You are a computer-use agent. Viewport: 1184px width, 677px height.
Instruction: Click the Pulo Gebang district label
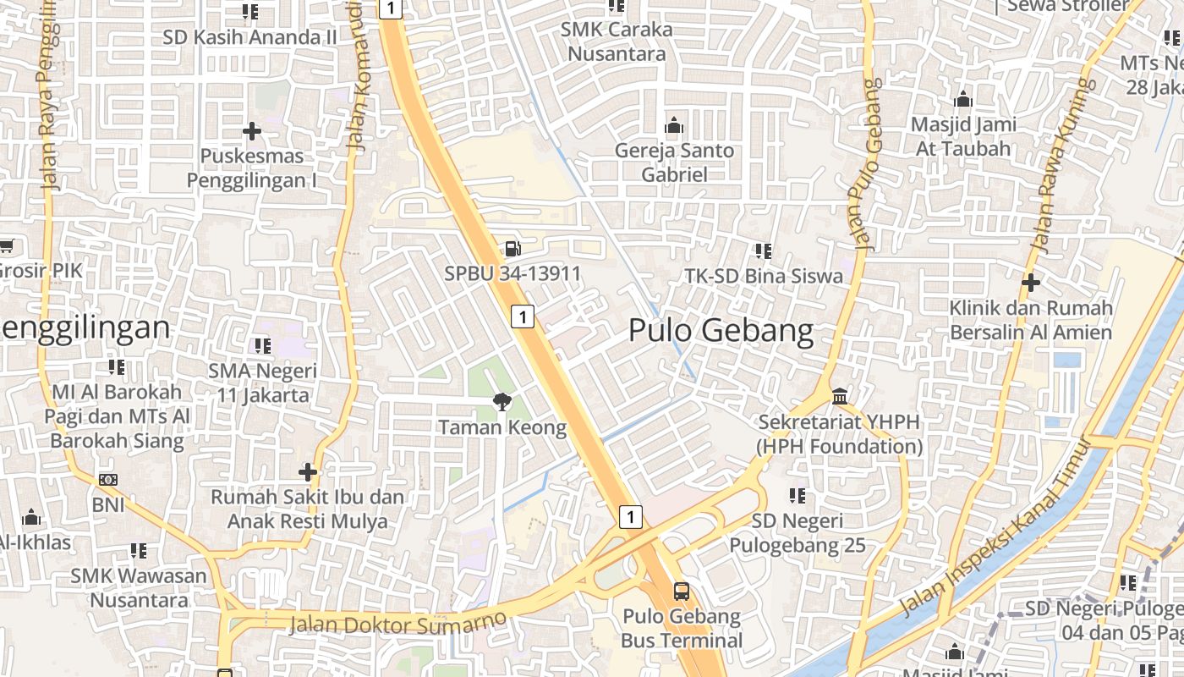tap(721, 331)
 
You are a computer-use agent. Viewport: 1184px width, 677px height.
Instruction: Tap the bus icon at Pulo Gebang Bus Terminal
tap(681, 591)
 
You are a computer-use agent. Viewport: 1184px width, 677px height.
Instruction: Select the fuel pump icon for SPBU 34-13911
tap(513, 249)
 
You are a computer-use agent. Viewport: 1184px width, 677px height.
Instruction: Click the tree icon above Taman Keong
tap(502, 401)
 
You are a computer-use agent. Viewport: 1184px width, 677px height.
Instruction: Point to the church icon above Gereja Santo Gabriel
tap(674, 126)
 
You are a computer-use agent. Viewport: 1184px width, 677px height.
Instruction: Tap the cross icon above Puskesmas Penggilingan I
tap(251, 131)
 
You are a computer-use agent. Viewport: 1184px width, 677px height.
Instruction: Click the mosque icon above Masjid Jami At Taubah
tap(962, 100)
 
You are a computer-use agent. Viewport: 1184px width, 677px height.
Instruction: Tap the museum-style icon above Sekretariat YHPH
tap(840, 396)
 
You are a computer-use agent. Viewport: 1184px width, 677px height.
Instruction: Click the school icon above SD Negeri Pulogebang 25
tap(797, 495)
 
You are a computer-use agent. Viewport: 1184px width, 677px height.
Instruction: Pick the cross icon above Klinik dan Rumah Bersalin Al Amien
tap(1030, 282)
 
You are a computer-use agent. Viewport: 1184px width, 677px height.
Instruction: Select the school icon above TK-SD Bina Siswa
tap(763, 250)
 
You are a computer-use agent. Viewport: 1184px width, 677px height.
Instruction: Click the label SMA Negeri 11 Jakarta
tap(263, 383)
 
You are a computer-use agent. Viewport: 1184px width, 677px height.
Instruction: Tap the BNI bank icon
tap(108, 480)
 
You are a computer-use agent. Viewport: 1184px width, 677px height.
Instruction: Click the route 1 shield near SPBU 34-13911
tap(523, 316)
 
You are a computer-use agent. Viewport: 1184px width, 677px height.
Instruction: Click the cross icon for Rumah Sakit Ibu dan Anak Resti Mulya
tap(308, 471)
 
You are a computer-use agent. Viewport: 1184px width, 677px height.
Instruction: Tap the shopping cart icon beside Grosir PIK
tap(6, 246)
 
